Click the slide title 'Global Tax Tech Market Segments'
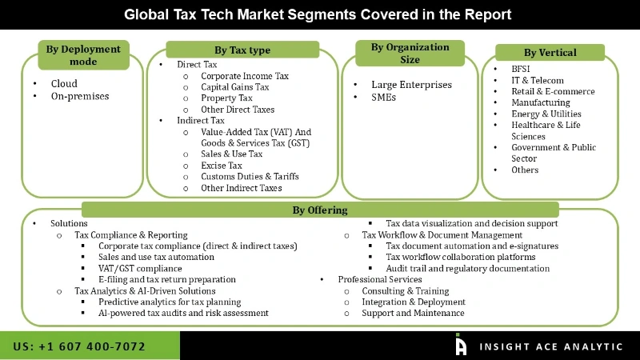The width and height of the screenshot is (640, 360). point(318,14)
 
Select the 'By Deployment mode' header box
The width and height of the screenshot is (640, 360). point(83,55)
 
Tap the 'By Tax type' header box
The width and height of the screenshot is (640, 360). point(242,50)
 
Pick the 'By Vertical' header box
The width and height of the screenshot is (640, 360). point(550,53)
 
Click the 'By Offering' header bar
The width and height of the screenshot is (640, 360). point(319,210)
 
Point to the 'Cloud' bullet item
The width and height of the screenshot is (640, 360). point(64,83)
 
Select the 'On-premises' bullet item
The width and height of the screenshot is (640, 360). point(80,97)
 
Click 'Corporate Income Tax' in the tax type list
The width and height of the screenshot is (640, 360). point(245,76)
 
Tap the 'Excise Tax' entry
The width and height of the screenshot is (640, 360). point(222,166)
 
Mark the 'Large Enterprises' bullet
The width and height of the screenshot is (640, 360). point(411,85)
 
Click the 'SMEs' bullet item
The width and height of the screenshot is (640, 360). point(384,98)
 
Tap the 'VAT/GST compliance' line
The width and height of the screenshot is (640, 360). point(140,269)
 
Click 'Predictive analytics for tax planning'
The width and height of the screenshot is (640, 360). point(170,302)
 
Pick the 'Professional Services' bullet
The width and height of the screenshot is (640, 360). point(379,280)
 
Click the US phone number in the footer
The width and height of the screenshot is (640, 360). point(79,346)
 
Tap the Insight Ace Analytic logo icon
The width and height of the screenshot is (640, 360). point(461,345)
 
